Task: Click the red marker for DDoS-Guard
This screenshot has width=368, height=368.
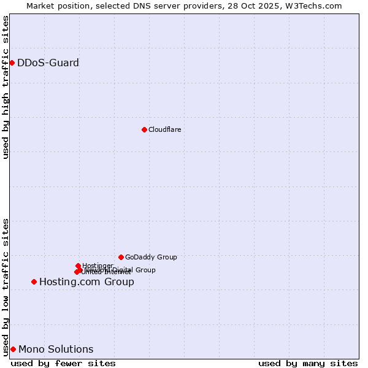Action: [x=12, y=63]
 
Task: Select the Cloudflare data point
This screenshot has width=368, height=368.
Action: [x=144, y=129]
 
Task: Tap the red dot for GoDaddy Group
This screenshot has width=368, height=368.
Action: [x=121, y=257]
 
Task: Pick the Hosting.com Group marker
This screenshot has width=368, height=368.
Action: [x=34, y=282]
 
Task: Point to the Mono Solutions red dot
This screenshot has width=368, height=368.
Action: [x=13, y=350]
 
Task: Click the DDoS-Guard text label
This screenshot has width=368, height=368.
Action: [x=48, y=63]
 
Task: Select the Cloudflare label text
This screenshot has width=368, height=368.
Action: [x=164, y=129]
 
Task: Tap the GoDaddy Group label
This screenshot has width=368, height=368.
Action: [x=151, y=257]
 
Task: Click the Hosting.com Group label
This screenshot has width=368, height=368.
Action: [x=86, y=282]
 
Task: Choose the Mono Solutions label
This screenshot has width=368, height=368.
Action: [x=56, y=350]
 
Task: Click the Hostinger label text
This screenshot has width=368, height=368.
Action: [x=98, y=266]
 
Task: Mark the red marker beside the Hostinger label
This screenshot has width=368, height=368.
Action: [x=78, y=266]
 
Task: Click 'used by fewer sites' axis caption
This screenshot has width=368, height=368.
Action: [x=63, y=363]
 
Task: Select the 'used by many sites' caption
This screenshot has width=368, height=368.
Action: [x=308, y=363]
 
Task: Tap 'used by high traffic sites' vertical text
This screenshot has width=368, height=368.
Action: [x=6, y=87]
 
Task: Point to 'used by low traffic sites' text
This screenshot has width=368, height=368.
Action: [x=6, y=286]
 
